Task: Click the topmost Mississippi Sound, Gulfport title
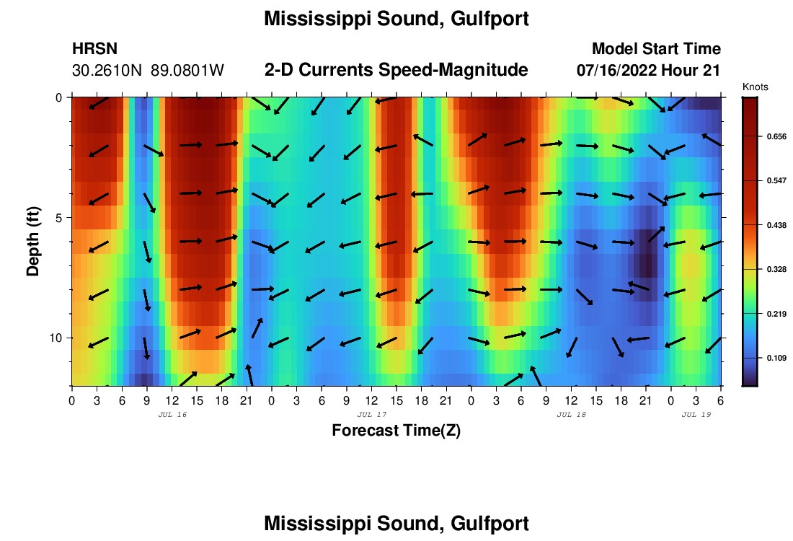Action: (x=396, y=19)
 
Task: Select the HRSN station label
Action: (x=94, y=49)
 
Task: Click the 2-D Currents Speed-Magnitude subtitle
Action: (x=396, y=70)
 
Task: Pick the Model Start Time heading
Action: (x=656, y=49)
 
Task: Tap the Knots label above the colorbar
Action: (x=755, y=87)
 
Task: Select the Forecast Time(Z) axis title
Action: (x=396, y=431)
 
